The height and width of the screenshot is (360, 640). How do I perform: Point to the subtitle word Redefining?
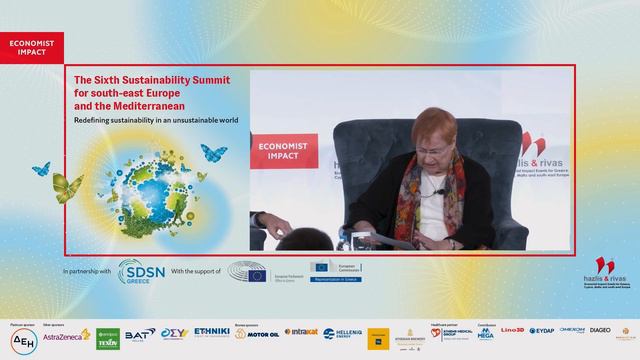[97, 120]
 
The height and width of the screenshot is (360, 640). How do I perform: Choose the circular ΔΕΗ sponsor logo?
[21, 337]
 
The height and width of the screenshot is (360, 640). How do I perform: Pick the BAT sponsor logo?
[139, 334]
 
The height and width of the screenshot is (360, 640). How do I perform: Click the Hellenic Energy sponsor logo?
[342, 334]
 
